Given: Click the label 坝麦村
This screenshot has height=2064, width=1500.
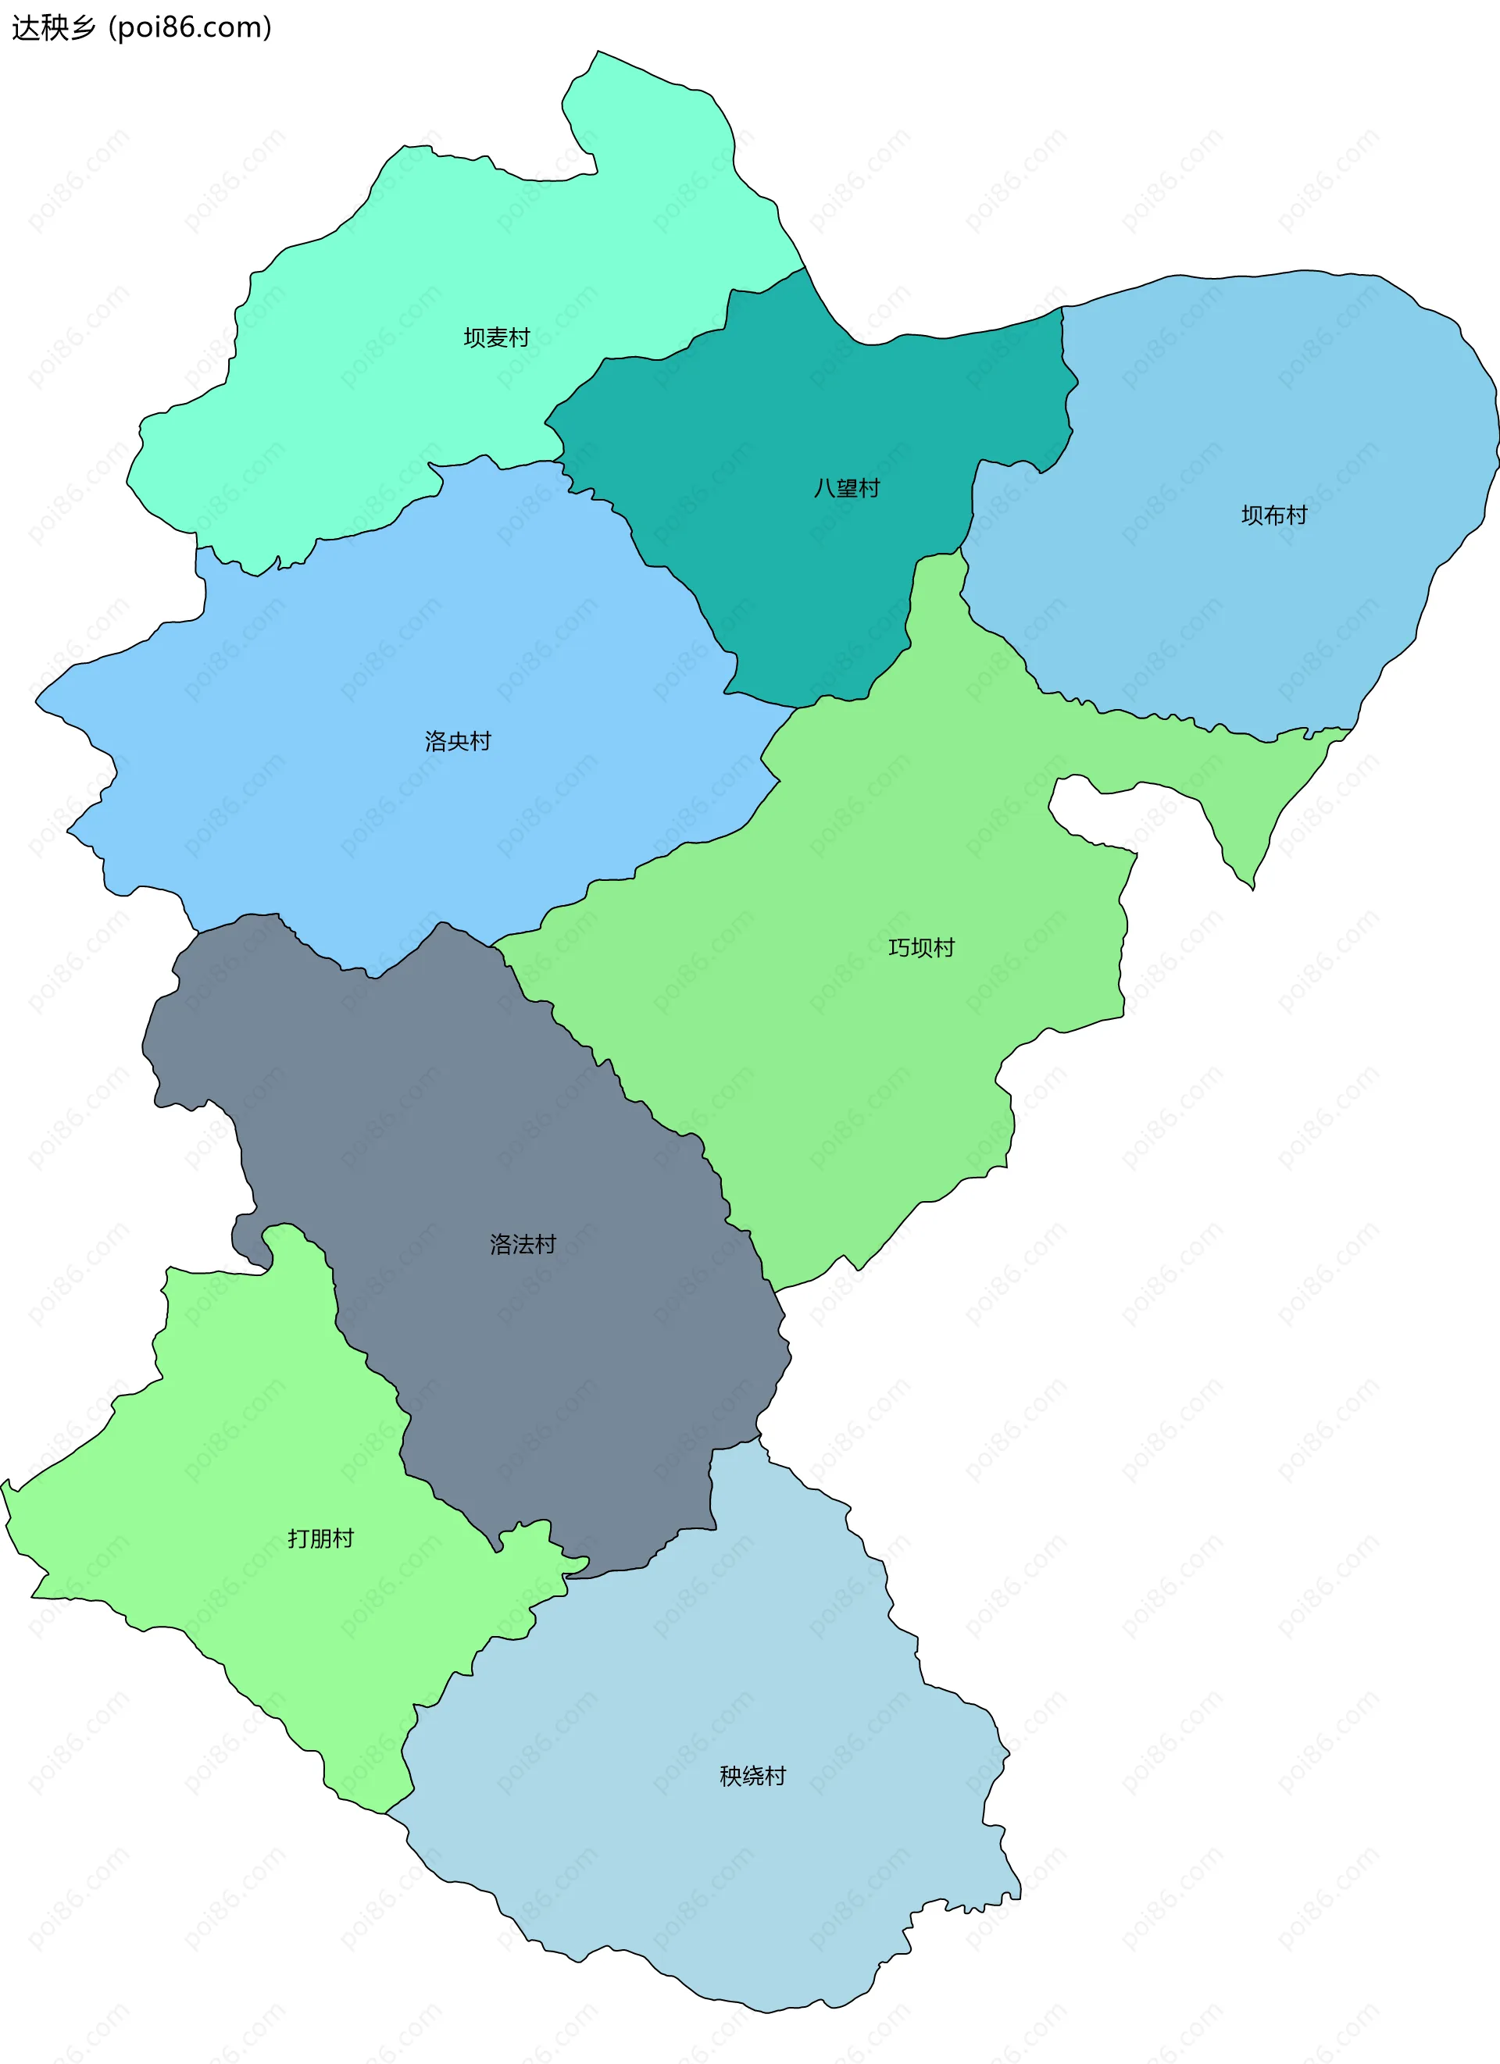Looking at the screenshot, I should point(496,337).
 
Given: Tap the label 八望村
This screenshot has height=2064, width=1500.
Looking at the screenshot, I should point(846,489).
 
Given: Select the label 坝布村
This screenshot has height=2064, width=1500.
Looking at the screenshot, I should point(1273,515).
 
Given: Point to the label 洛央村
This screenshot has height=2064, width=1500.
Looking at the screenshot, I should point(458,741).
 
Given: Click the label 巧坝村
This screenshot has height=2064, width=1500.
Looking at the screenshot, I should point(921,947).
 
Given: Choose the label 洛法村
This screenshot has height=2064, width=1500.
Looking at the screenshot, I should point(523,1244).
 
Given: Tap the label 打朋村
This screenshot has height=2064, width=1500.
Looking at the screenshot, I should point(320,1538).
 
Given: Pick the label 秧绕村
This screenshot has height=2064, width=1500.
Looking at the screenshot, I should point(752,1776).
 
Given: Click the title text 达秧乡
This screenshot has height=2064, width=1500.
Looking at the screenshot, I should point(53,27).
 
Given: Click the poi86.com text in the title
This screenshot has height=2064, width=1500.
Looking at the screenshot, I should point(190,27).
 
